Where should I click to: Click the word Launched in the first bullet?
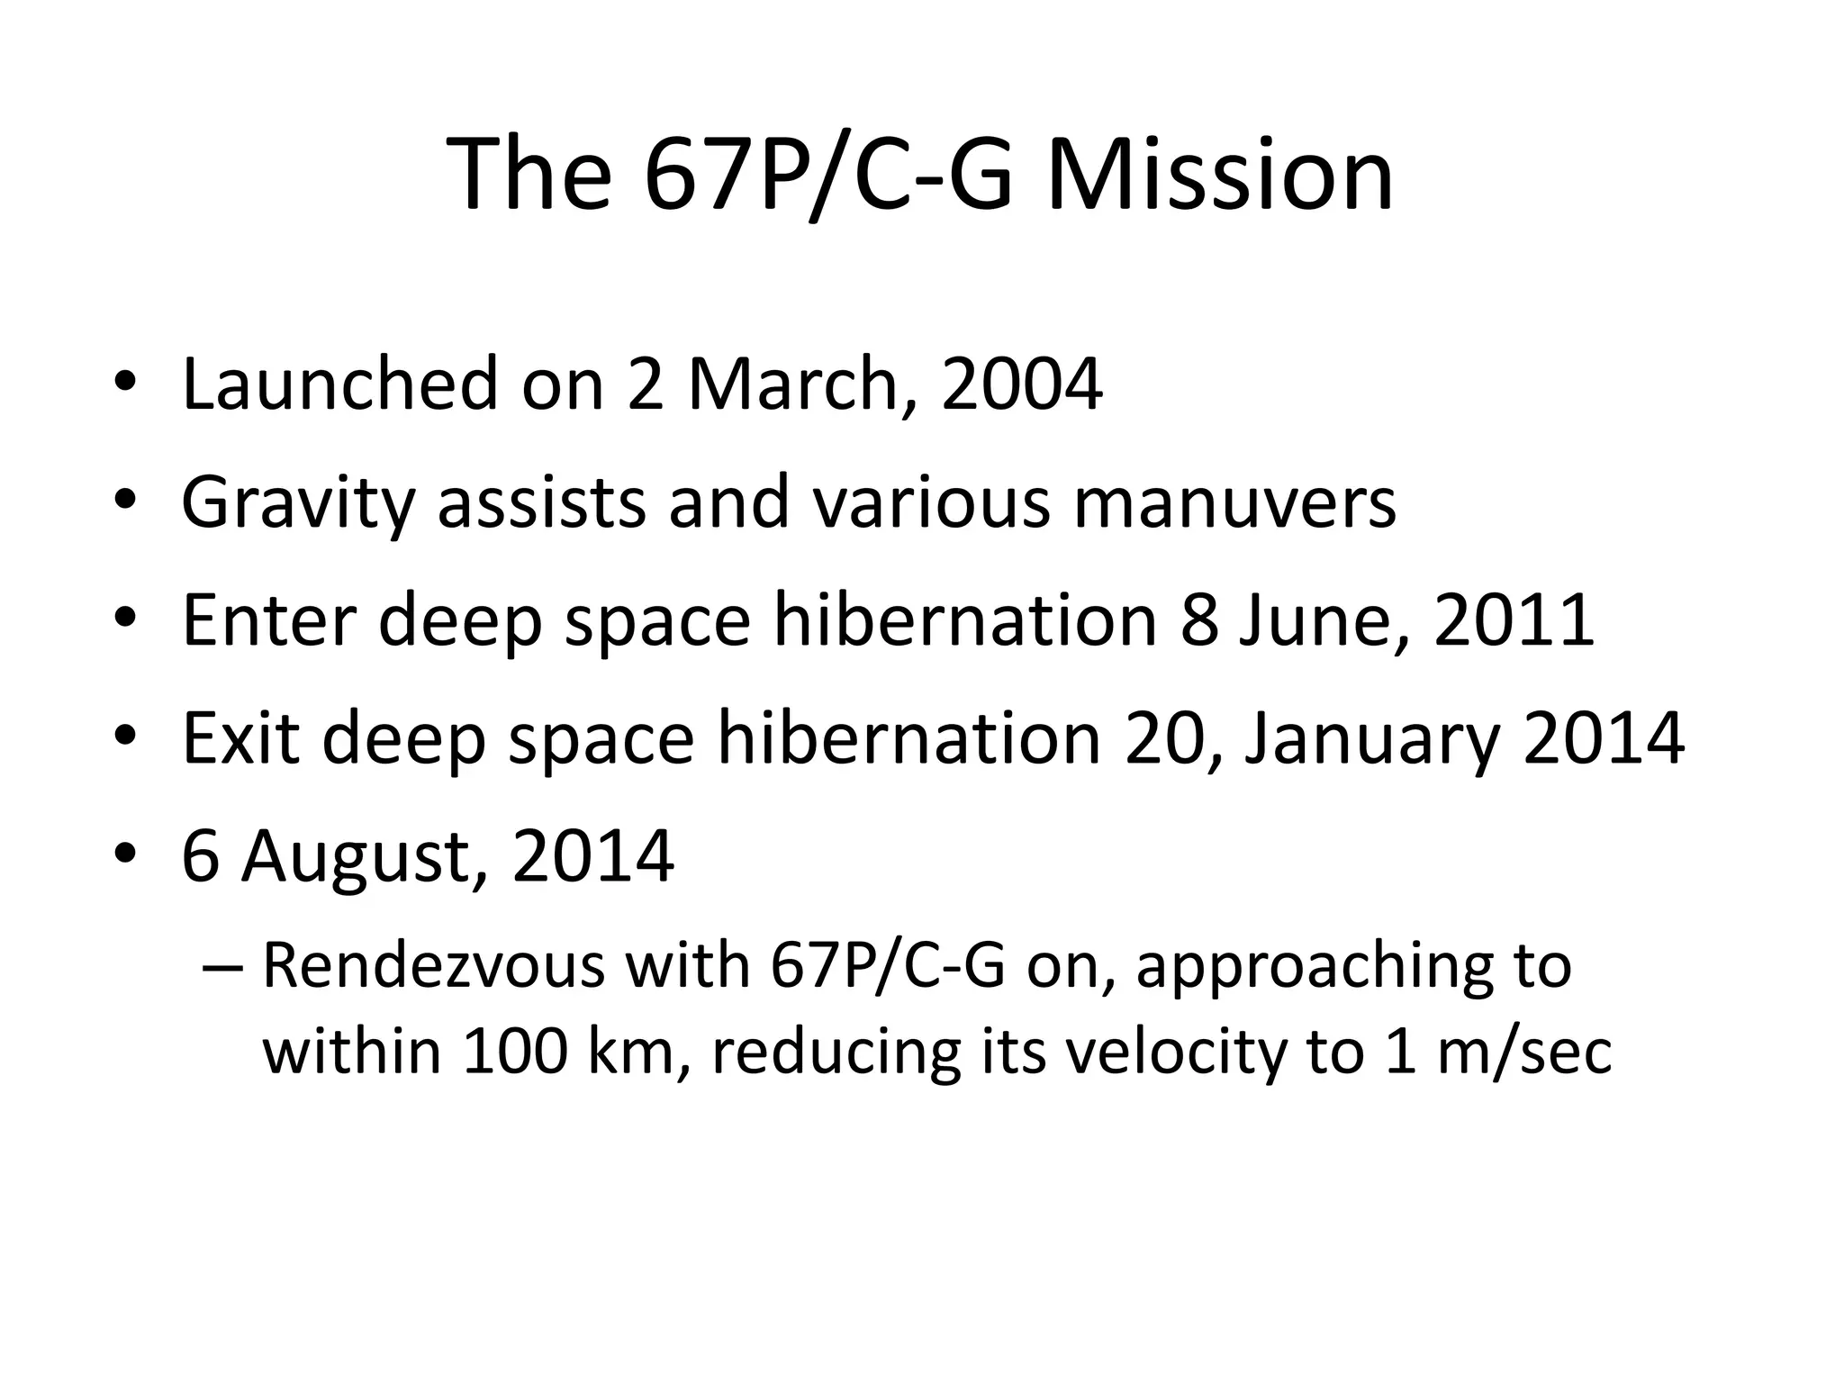(x=339, y=384)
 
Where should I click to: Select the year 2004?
(x=1021, y=384)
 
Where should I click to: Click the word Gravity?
(x=297, y=503)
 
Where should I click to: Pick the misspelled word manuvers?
(x=1234, y=503)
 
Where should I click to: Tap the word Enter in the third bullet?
(x=268, y=620)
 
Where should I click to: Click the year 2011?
(x=1514, y=620)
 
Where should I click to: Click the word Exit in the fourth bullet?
(x=240, y=738)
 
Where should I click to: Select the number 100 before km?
(x=515, y=1051)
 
